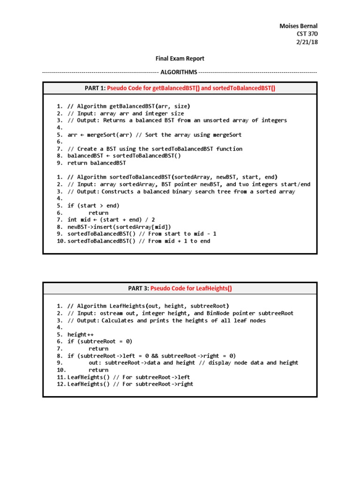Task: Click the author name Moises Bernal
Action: tap(298, 25)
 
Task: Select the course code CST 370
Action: tap(307, 34)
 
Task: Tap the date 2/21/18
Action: tap(307, 42)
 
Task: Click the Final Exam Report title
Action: tap(180, 59)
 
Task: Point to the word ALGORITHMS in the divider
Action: tap(179, 72)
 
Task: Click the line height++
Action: tap(77, 334)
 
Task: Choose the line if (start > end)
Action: tap(93, 205)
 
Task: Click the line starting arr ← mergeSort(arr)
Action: tap(155, 135)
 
